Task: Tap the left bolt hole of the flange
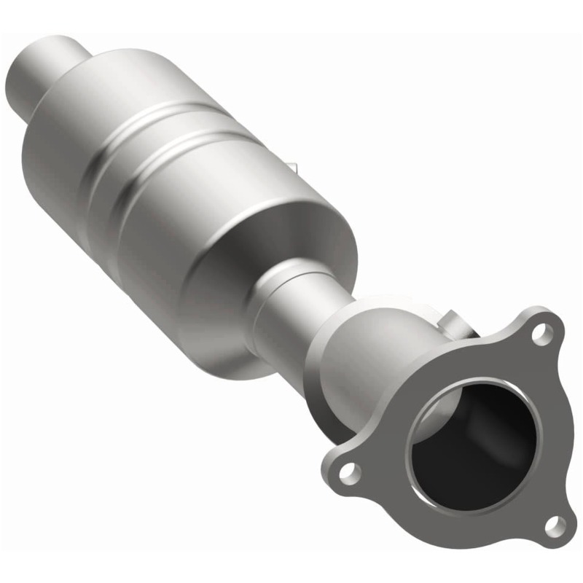click(351, 473)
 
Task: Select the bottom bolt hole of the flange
click(555, 525)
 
